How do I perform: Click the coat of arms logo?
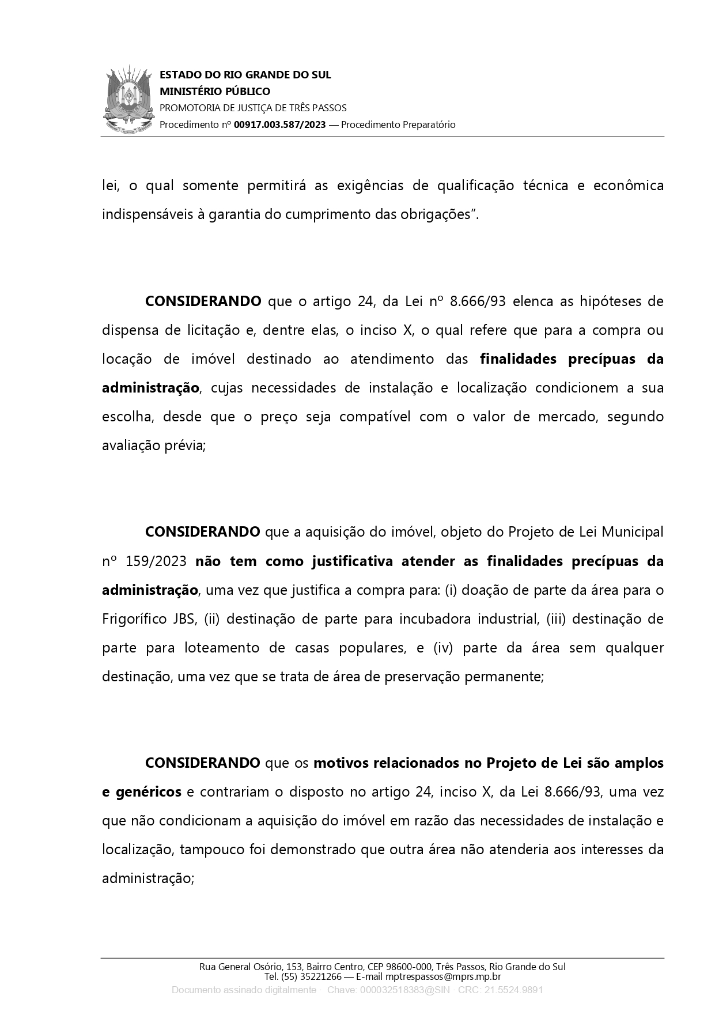pos(130,100)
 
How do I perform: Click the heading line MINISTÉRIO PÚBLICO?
pos(214,91)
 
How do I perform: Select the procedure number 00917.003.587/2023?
pos(280,125)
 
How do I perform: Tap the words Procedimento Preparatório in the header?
pos(398,125)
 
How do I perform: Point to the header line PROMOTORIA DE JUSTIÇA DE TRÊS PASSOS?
pos(253,108)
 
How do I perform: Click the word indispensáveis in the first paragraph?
pos(138,214)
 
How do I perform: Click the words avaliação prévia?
pos(153,445)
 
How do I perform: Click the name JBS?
pos(185,618)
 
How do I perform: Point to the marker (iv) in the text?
pos(444,647)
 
